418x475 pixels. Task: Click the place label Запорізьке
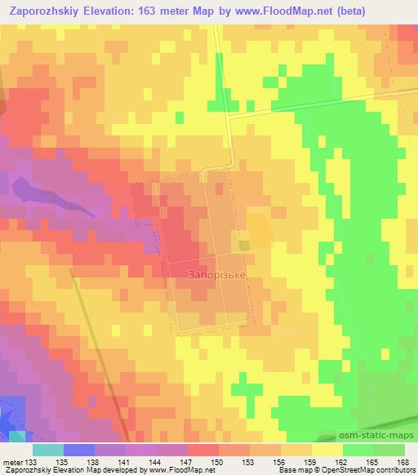coord(216,276)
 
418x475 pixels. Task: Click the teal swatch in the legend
coord(48,450)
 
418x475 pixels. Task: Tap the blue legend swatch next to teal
coord(79,450)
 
